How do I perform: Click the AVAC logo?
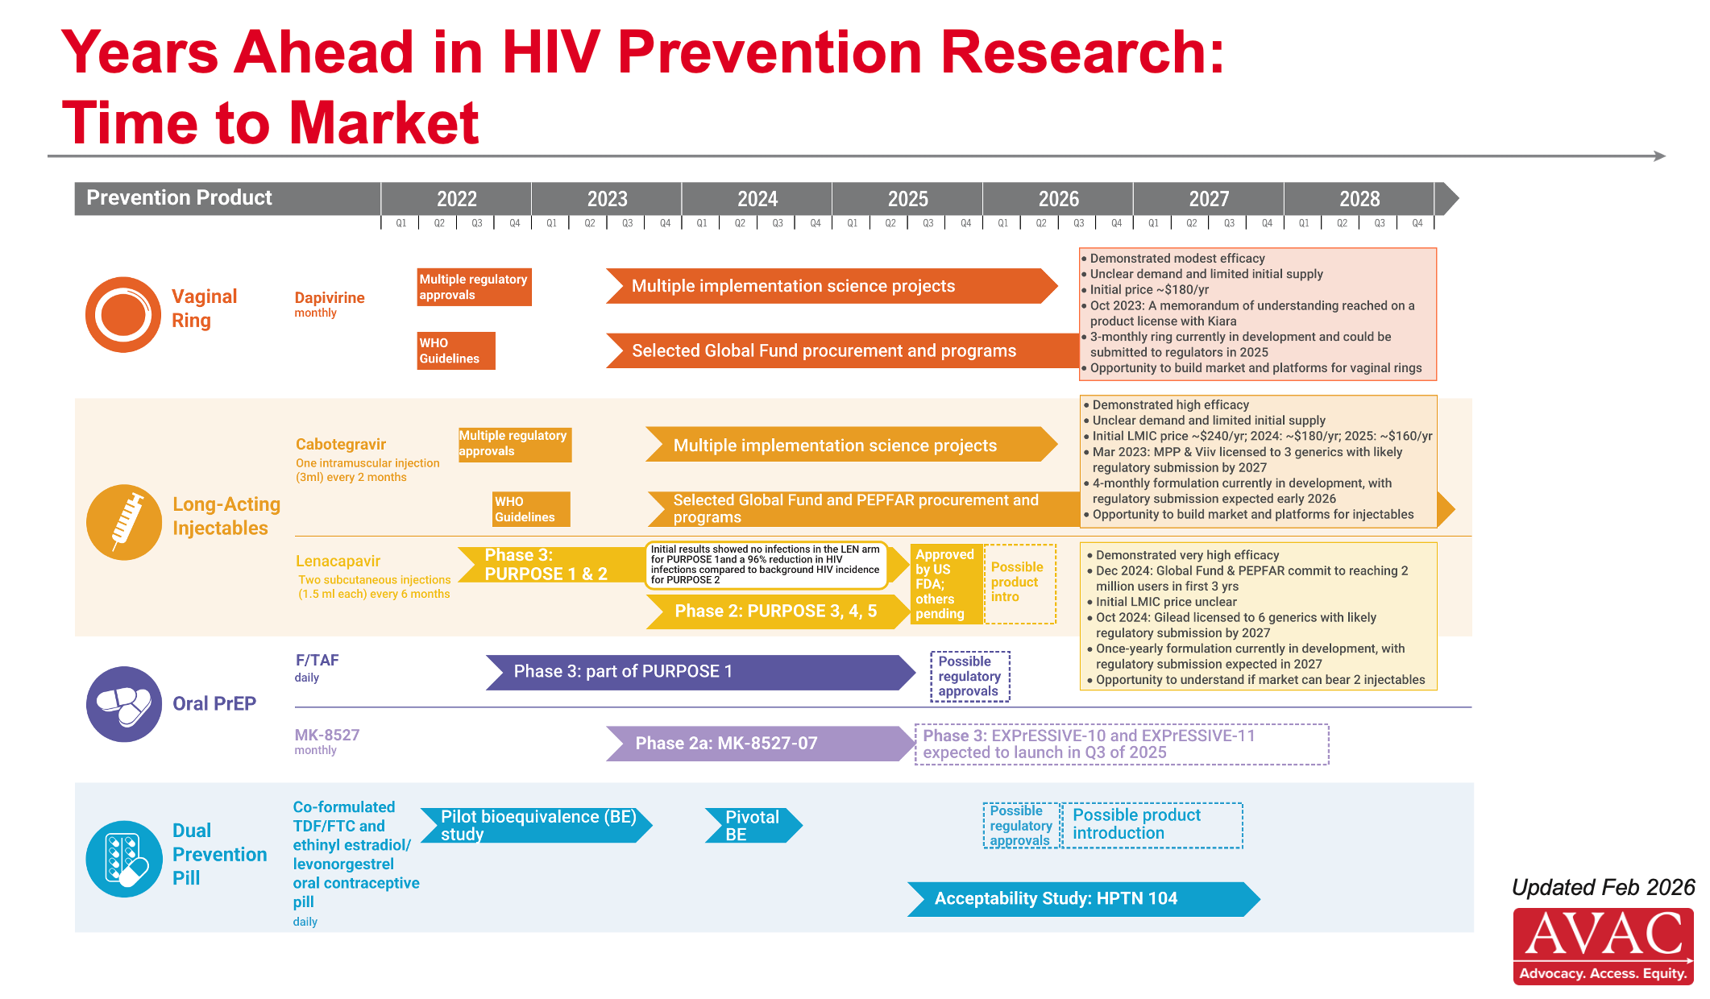(x=1603, y=946)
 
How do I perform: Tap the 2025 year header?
(x=907, y=199)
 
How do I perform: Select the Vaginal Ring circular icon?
(x=123, y=314)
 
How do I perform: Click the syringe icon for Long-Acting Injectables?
(x=124, y=522)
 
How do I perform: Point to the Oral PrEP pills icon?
(x=124, y=704)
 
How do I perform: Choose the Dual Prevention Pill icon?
(x=124, y=859)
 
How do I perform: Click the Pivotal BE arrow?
(x=753, y=826)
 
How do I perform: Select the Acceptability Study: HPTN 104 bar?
(x=1084, y=899)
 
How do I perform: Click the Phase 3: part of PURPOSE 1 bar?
(x=700, y=672)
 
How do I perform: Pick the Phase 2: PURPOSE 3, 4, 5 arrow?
(x=778, y=611)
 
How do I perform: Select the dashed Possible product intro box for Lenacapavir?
(x=1019, y=584)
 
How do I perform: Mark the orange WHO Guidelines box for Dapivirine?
(x=456, y=351)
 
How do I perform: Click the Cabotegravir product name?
(x=341, y=444)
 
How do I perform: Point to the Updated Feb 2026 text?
(x=1604, y=887)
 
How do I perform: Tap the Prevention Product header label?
(x=179, y=197)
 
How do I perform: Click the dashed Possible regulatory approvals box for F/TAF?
(x=970, y=676)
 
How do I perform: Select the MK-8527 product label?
(x=327, y=735)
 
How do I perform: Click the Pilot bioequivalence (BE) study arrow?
(x=537, y=826)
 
